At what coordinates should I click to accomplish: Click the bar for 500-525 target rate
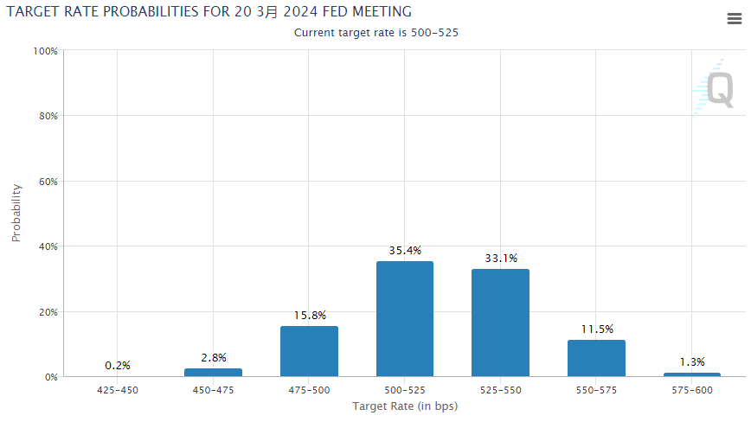[404, 318]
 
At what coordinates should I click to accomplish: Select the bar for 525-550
[500, 323]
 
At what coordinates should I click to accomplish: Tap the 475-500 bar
[309, 350]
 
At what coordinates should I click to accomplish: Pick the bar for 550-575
[596, 358]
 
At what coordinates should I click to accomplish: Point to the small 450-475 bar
[214, 372]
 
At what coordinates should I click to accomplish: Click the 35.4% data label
[404, 251]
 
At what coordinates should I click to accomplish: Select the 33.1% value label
[500, 258]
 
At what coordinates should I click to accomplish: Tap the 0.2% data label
[117, 366]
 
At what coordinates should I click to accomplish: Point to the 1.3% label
[691, 362]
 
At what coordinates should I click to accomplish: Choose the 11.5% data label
[596, 329]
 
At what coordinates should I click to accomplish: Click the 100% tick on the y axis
[45, 51]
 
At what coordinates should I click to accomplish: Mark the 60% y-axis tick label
[48, 182]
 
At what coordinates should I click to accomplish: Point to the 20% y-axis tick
[48, 312]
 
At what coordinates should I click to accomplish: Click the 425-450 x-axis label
[117, 391]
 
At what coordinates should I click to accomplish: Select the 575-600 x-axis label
[691, 391]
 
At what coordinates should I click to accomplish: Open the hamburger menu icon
[734, 20]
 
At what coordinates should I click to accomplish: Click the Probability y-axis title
[16, 213]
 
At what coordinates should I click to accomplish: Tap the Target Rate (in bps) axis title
[404, 406]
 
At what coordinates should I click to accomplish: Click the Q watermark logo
[718, 89]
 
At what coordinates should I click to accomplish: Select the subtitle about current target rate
[375, 33]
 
